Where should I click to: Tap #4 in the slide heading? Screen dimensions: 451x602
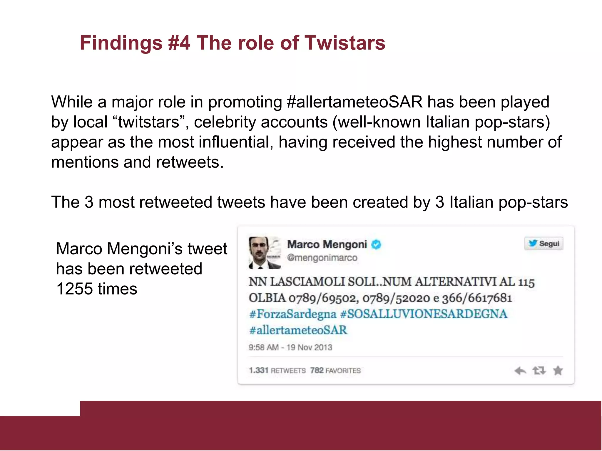point(179,43)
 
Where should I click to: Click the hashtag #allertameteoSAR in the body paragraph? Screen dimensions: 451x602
point(354,102)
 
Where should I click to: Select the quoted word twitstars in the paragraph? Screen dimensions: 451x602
point(149,122)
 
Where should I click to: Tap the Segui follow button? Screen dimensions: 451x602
point(544,243)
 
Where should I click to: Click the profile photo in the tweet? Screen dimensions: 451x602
point(265,253)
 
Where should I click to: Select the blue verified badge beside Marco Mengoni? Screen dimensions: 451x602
point(376,244)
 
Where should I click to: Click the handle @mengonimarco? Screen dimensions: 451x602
point(322,258)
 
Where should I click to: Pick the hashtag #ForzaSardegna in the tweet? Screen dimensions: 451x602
point(292,314)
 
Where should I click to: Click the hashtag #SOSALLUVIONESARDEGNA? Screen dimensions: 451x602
point(424,314)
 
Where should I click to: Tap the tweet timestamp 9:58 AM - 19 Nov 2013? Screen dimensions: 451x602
point(290,347)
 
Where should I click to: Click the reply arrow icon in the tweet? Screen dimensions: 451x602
point(520,371)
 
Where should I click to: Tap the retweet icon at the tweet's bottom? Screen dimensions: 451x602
point(539,371)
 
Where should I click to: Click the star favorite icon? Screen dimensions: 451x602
point(558,371)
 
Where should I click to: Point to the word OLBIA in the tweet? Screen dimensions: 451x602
point(267,298)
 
